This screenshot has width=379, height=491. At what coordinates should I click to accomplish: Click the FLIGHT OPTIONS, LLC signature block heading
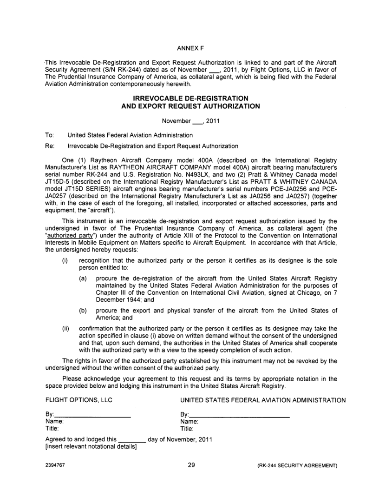pyautogui.click(x=76, y=400)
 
